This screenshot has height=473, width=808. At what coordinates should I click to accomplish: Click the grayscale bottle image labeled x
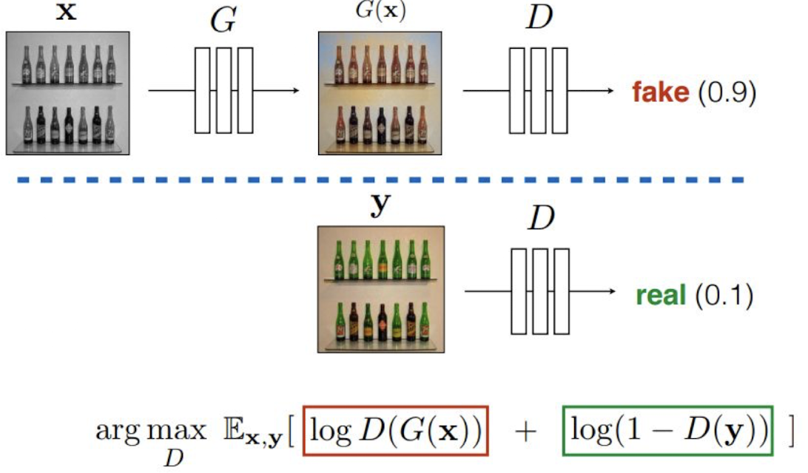pos(67,93)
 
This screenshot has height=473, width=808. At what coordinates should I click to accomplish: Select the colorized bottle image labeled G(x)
pos(380,93)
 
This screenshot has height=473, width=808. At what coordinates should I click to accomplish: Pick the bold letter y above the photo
pos(379,206)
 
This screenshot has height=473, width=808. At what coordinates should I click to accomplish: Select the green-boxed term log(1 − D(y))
pos(668,431)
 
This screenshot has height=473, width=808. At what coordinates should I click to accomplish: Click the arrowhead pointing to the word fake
pos(610,92)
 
